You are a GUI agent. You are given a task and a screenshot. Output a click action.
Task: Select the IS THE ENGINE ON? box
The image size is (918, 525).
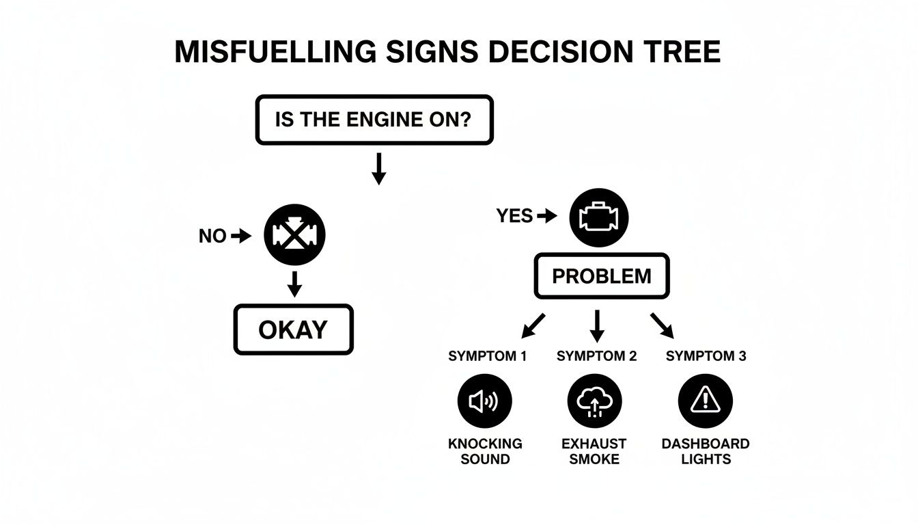click(374, 120)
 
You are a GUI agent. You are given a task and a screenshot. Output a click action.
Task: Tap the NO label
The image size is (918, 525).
click(212, 237)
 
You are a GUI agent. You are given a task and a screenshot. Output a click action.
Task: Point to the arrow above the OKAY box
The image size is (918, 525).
click(294, 284)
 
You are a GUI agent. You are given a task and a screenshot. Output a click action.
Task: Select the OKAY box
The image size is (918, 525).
click(293, 329)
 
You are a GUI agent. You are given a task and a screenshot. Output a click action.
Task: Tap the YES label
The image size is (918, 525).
click(514, 217)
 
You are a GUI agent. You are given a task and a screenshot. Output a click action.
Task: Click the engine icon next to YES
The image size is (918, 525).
click(598, 217)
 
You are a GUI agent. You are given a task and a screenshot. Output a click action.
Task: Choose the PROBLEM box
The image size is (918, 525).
click(602, 277)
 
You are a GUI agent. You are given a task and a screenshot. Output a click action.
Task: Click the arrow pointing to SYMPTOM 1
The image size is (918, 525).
click(534, 325)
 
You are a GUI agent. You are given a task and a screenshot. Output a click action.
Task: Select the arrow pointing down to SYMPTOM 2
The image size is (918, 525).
click(597, 325)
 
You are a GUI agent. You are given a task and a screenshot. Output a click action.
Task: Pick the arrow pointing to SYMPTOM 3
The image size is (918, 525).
click(661, 325)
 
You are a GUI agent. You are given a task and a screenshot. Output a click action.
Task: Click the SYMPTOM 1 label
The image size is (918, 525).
click(487, 356)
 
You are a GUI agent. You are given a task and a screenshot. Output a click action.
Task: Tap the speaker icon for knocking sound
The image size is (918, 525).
click(484, 401)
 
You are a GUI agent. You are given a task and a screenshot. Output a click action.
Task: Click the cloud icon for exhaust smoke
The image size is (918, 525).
click(595, 401)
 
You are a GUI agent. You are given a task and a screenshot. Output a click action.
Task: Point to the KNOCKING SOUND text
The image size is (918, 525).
click(485, 451)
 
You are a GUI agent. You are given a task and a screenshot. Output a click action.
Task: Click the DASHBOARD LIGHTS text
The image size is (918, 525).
click(706, 451)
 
